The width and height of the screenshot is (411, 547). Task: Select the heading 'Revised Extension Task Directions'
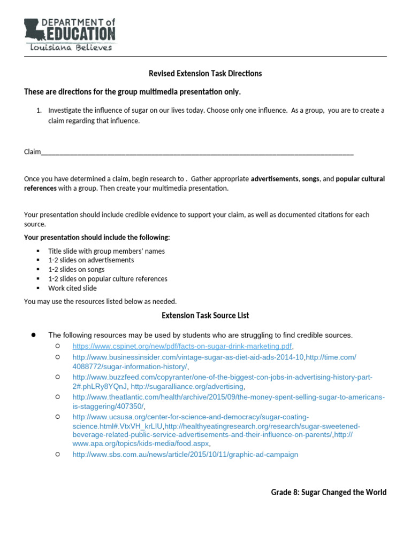(205, 73)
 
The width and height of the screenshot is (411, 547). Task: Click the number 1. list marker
(39, 111)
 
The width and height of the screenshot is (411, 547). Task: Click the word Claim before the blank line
(32, 152)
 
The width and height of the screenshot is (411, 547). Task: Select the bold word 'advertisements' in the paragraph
(275, 179)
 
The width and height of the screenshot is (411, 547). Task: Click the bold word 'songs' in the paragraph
(310, 179)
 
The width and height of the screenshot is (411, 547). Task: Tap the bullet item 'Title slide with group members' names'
(106, 251)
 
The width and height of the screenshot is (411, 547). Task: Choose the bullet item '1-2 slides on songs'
(76, 270)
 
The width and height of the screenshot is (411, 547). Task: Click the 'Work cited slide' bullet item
(72, 288)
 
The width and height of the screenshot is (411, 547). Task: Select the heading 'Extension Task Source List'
(205, 316)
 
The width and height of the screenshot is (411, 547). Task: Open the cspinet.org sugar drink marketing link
(182, 346)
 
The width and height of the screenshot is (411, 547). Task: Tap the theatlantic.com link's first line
(229, 397)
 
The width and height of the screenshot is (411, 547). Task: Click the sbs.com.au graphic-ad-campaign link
(185, 455)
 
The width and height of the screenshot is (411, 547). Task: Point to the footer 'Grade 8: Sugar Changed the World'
(329, 493)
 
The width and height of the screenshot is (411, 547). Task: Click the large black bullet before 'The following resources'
(33, 335)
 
